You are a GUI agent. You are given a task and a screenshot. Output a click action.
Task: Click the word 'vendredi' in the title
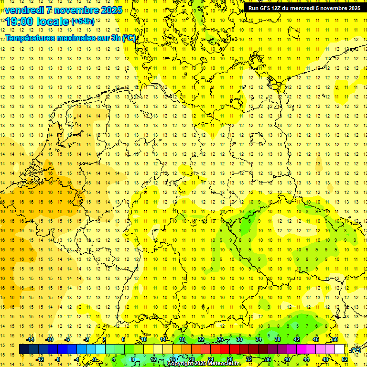[x=24, y=10]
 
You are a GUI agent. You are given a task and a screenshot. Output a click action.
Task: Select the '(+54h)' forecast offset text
[x=83, y=22]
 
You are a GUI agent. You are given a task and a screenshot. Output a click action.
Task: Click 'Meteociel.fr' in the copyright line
[x=225, y=364]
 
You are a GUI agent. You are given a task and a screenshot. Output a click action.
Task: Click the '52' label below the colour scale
[x=345, y=359]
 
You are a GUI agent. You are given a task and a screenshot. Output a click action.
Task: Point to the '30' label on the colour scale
[x=239, y=339]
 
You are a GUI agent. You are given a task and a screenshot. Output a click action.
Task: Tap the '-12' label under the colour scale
[x=40, y=359]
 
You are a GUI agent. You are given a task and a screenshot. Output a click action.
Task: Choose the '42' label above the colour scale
[x=297, y=339]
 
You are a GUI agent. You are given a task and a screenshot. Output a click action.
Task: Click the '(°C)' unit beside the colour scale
[x=356, y=350]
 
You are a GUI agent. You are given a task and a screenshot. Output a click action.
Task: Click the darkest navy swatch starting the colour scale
[x=24, y=349]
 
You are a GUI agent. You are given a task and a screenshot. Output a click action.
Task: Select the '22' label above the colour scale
[x=201, y=339]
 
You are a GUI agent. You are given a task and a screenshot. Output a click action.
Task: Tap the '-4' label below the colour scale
[x=76, y=359]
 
